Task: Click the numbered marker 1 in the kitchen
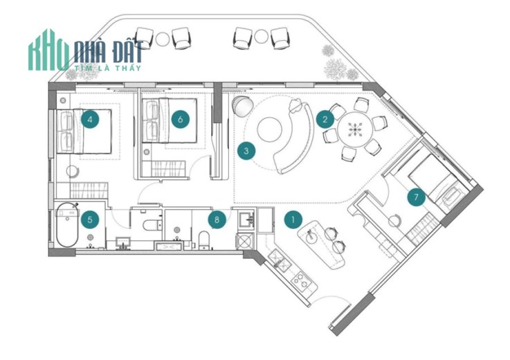[293, 219]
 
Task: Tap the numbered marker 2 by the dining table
[325, 119]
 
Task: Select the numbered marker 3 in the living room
[246, 151]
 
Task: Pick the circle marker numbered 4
[90, 119]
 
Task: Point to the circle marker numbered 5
[90, 219]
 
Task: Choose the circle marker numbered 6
[181, 119]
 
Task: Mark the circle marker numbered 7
[416, 197]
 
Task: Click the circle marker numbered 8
[217, 219]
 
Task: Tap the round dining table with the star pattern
[354, 129]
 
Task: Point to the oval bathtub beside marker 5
[67, 224]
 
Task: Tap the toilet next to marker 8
[203, 240]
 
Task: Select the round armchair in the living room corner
[242, 106]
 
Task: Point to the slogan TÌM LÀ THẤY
[108, 68]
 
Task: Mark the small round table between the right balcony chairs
[261, 36]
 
